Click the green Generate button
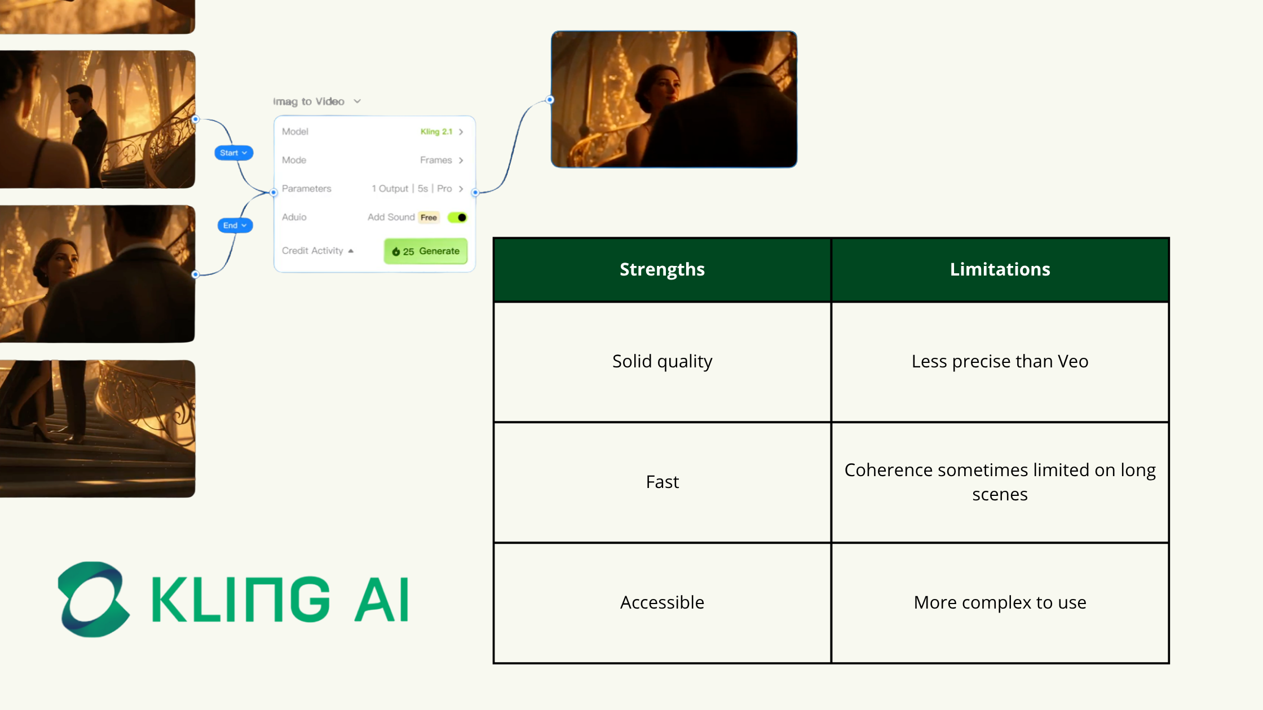(426, 251)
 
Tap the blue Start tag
(233, 153)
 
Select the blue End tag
(235, 225)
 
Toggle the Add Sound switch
(457, 218)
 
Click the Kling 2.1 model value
(436, 131)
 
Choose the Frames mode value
(436, 160)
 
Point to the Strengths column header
(662, 269)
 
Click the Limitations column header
(1000, 269)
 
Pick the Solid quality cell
(662, 362)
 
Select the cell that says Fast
(662, 482)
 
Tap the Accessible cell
(662, 603)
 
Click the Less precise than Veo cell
(1000, 362)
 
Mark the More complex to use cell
(1000, 603)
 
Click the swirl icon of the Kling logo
(94, 599)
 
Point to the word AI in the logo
(382, 599)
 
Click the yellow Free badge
(429, 218)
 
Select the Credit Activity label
(312, 251)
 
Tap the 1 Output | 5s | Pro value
(412, 189)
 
